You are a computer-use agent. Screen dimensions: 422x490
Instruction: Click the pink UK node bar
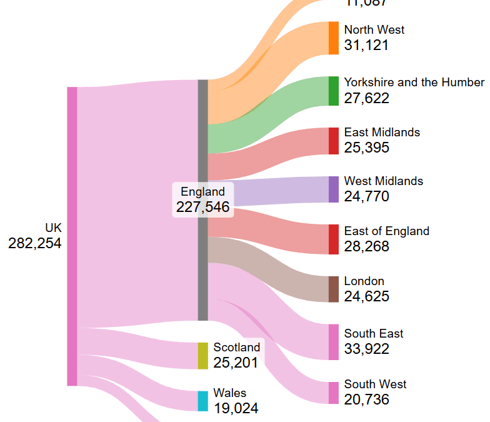click(72, 236)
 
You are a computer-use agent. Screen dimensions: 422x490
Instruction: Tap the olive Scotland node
click(202, 356)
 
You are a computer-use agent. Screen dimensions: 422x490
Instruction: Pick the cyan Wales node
click(202, 401)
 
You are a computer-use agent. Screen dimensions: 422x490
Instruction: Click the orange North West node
click(334, 38)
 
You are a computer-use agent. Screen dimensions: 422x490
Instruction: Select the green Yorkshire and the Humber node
click(334, 91)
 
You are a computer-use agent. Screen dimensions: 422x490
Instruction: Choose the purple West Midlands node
click(334, 189)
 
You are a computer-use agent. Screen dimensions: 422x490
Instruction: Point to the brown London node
click(334, 289)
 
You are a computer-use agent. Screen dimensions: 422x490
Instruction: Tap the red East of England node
click(334, 239)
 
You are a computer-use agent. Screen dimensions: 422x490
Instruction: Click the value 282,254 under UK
click(35, 244)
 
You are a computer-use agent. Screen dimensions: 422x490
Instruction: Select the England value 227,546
click(202, 207)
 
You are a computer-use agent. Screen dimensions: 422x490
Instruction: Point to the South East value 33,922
click(366, 349)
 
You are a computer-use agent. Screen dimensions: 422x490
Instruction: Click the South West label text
click(375, 384)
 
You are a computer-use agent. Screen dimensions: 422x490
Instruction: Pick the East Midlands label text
click(381, 132)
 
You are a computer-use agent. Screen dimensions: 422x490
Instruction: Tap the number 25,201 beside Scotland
click(236, 363)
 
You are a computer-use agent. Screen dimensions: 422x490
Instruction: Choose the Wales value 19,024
click(236, 408)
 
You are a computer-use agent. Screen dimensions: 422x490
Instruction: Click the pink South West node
click(334, 393)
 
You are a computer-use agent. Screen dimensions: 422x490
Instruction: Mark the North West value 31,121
click(366, 45)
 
